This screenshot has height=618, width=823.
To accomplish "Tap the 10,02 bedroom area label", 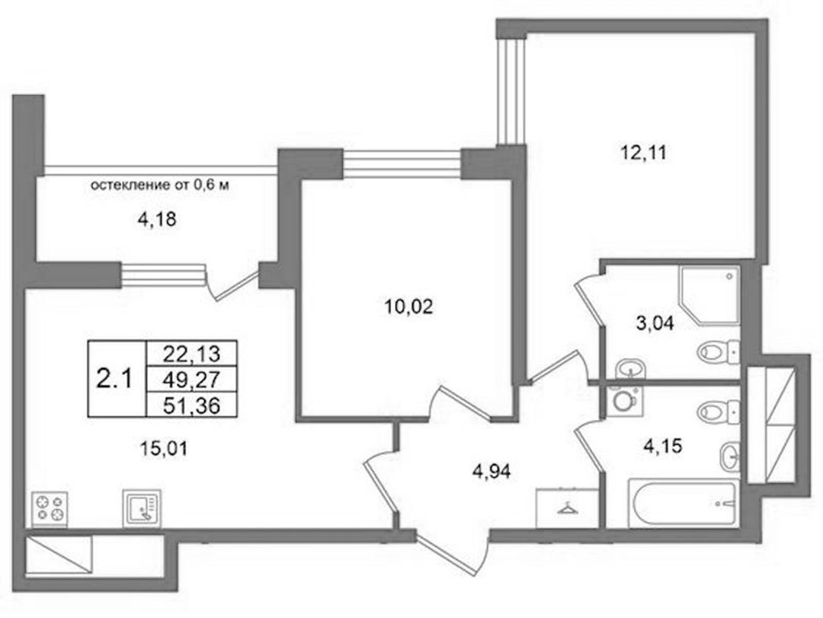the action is click(x=409, y=306).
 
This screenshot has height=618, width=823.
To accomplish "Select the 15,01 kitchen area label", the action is click(x=163, y=449).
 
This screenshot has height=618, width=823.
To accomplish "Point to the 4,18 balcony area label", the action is click(x=156, y=219).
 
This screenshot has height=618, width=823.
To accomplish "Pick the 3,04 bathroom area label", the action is click(x=655, y=323).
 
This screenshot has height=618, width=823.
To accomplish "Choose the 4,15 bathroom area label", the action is click(x=662, y=447).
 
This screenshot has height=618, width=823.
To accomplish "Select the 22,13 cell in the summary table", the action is click(x=191, y=354).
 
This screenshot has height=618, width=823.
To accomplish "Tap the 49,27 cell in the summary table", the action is click(x=191, y=379).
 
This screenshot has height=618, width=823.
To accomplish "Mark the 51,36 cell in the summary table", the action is click(x=191, y=405).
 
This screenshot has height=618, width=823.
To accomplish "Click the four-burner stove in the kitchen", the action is click(x=50, y=509).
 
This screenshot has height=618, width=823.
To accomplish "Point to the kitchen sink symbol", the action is click(x=142, y=508).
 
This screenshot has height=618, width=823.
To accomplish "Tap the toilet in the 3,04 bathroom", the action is click(x=719, y=351).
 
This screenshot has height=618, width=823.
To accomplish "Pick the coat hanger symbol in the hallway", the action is click(x=566, y=508).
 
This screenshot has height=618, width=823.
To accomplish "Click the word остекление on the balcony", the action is click(x=128, y=185).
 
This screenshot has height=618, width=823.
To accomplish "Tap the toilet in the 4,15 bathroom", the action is click(x=719, y=411).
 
